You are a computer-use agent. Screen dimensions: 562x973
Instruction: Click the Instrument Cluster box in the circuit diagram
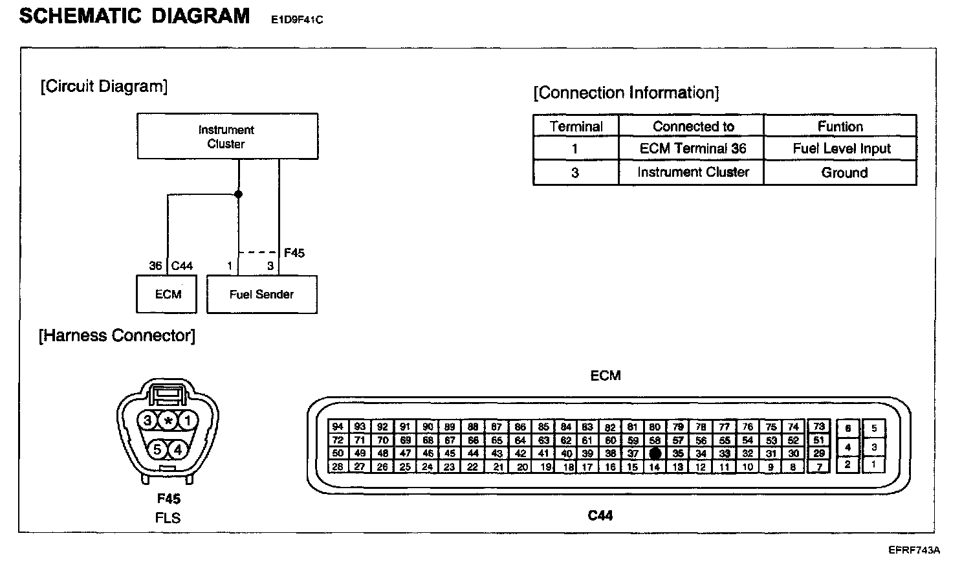(227, 137)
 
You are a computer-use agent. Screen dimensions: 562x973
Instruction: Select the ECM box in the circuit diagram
(168, 295)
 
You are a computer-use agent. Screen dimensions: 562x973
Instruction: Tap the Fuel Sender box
(261, 295)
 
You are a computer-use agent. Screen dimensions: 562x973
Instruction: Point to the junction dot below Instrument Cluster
(239, 194)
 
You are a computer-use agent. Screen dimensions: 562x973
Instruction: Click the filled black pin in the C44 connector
(655, 453)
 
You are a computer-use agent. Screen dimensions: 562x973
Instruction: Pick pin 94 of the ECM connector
(337, 427)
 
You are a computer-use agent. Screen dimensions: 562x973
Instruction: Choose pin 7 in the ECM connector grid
(819, 466)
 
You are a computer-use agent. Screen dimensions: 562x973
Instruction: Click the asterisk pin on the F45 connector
(168, 421)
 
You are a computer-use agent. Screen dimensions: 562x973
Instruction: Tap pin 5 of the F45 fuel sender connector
(157, 449)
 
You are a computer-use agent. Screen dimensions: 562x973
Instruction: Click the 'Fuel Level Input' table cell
(841, 149)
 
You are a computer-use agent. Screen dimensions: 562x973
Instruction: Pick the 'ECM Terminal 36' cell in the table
(692, 149)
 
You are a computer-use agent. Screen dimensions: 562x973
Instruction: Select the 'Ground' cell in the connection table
(844, 173)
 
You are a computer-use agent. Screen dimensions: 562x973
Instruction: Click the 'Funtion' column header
(840, 126)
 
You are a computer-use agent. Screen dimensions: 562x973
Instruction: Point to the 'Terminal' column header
(576, 126)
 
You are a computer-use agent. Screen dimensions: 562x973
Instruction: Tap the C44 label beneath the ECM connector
(600, 515)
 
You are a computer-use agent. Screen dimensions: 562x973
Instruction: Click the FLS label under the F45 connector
(168, 518)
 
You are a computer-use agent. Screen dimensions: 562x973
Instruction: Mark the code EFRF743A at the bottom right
(913, 550)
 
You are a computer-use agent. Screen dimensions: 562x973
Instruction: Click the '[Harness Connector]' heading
(117, 335)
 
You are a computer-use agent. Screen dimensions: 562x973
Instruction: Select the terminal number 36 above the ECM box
(155, 266)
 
